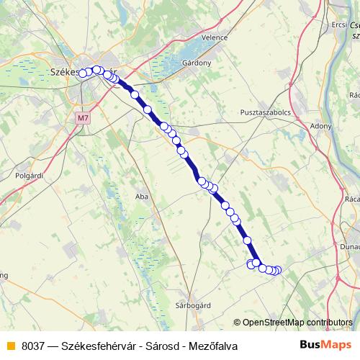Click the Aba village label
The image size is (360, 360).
coord(142,195)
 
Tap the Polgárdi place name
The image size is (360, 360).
coord(30,175)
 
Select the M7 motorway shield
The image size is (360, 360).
coord(82,114)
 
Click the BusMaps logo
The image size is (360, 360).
coord(327,345)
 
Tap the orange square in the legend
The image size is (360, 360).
coord(10,346)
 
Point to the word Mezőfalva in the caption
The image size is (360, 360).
coord(213,346)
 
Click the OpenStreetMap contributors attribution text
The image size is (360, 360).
coord(297,322)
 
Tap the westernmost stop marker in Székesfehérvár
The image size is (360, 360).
coord(83,73)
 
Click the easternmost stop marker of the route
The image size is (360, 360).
coord(278,270)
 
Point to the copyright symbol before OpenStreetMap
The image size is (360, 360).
coord(237,322)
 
